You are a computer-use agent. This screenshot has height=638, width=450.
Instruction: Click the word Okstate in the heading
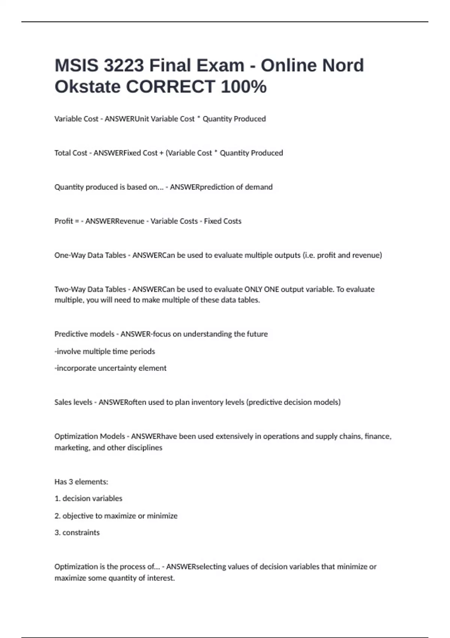click(88, 87)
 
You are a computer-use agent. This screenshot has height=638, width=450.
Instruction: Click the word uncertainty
click(117, 368)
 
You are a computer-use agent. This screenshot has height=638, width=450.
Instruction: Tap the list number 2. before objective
click(57, 516)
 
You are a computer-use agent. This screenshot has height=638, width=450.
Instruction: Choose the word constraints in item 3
click(81, 533)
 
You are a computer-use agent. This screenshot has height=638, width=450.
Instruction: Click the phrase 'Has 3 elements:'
click(81, 482)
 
